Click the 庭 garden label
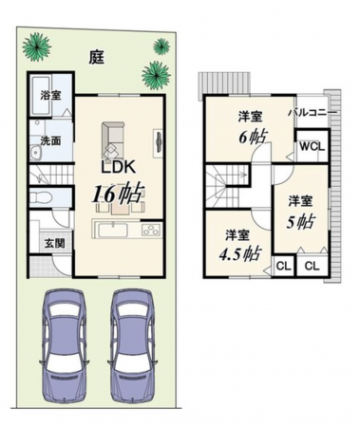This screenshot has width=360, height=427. tap(96, 57)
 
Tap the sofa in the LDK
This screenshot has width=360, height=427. tap(112, 140)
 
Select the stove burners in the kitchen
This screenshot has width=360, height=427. tap(152, 230)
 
